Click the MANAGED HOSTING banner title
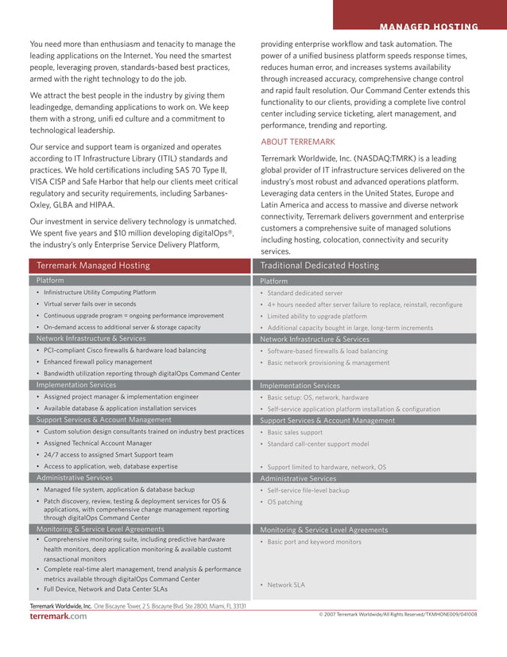428,27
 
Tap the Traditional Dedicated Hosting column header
319,266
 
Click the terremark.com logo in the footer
58,616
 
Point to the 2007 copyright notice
397,615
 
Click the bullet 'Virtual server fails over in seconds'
90,304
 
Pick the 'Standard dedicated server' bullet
304,293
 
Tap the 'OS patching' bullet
284,502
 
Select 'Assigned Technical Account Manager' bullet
98,443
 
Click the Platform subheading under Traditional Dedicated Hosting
274,282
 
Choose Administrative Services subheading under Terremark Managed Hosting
75,478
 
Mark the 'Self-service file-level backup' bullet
308,490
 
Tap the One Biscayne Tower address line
169,606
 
